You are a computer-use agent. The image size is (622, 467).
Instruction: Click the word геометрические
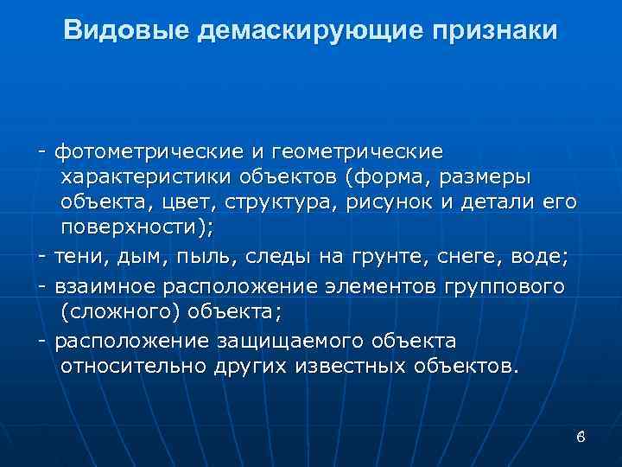coord(369,151)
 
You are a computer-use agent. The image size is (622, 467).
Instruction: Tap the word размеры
coord(486,176)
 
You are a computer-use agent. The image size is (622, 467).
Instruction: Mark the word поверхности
coord(134,228)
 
